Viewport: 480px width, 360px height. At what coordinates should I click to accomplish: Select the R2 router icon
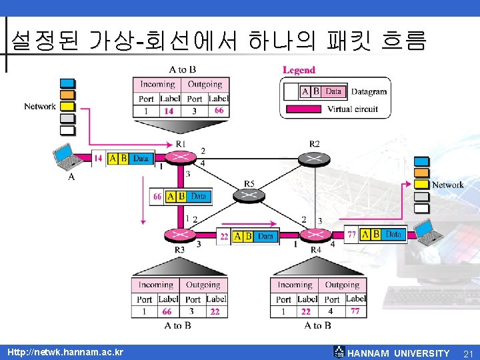pos(314,159)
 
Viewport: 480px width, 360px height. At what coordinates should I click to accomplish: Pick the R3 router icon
pos(180,235)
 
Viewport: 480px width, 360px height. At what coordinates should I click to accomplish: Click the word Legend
pos(299,70)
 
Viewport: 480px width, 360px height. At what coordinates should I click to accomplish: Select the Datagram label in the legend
pos(369,91)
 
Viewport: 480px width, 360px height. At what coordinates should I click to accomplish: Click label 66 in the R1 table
pos(219,111)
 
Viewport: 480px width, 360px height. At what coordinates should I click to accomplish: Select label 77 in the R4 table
pos(355,311)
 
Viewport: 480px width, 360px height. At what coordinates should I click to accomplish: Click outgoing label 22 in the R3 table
pos(215,311)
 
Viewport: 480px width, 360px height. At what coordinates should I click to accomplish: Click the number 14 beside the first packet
pos(98,158)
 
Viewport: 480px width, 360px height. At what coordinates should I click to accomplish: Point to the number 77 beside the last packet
pos(351,234)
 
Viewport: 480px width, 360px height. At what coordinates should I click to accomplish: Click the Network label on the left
pos(40,107)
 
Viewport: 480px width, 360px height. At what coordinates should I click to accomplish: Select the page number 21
pos(467,353)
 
